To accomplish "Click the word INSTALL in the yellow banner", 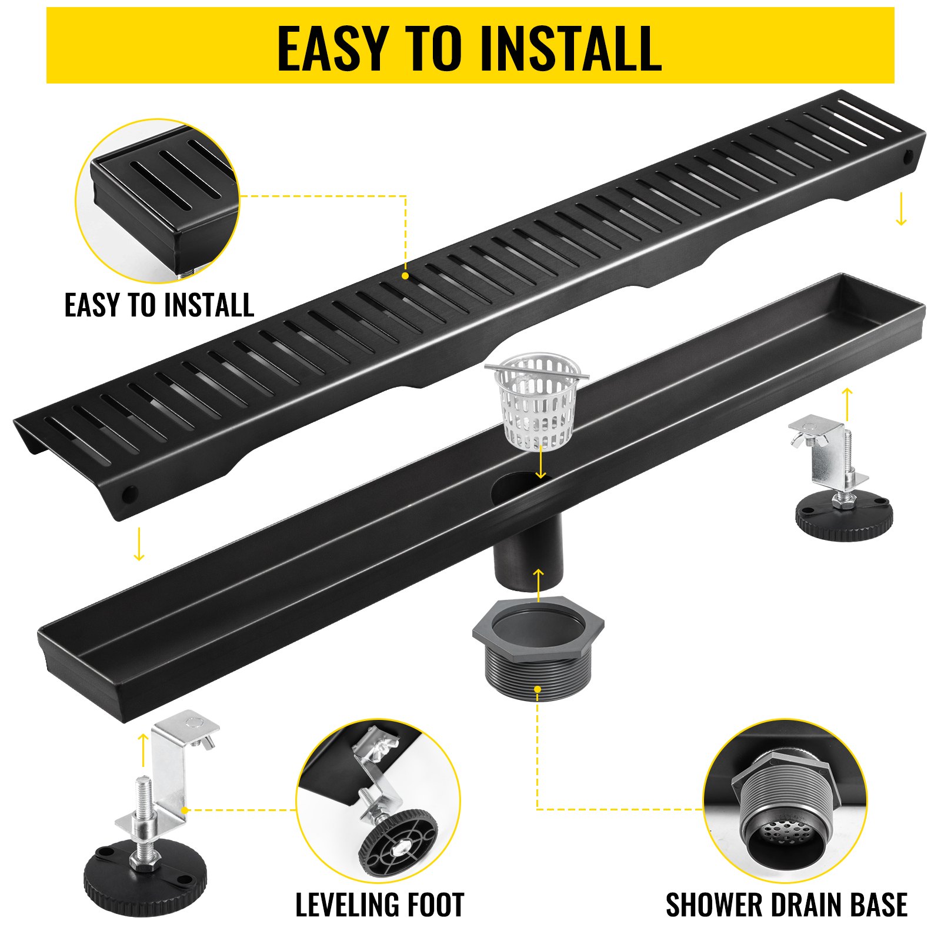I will [x=570, y=48].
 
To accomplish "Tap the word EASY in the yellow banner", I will [x=332, y=48].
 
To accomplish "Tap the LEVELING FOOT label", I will [x=379, y=905].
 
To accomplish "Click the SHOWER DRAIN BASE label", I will [x=786, y=905].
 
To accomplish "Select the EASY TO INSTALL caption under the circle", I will [x=159, y=305].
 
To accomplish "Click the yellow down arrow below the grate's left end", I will [x=139, y=544].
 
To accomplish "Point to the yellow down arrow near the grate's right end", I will [x=900, y=211].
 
